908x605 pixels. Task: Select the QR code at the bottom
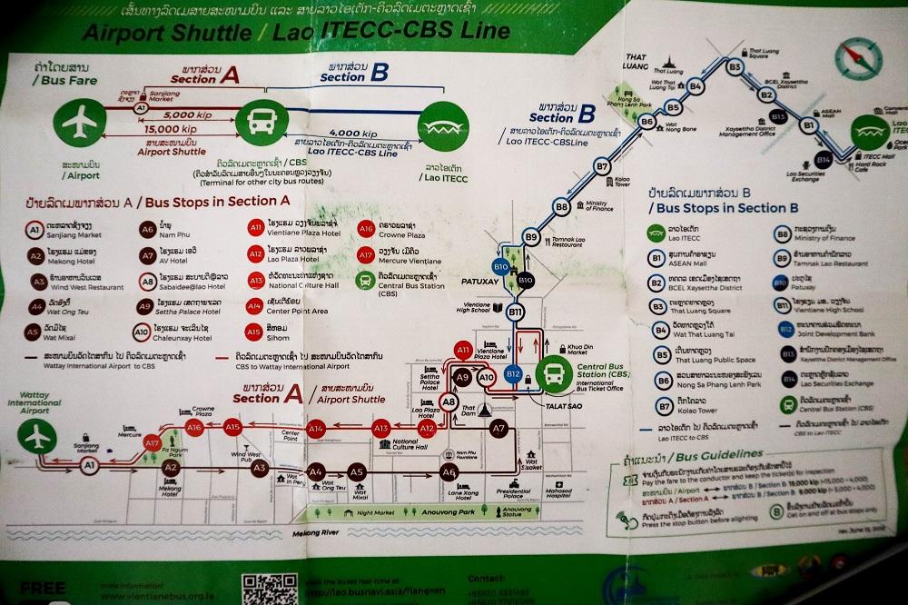(x=264, y=587)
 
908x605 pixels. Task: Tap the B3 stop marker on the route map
(x=735, y=66)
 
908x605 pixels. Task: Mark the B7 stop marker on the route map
(x=602, y=166)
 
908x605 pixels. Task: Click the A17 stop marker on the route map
(x=152, y=442)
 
